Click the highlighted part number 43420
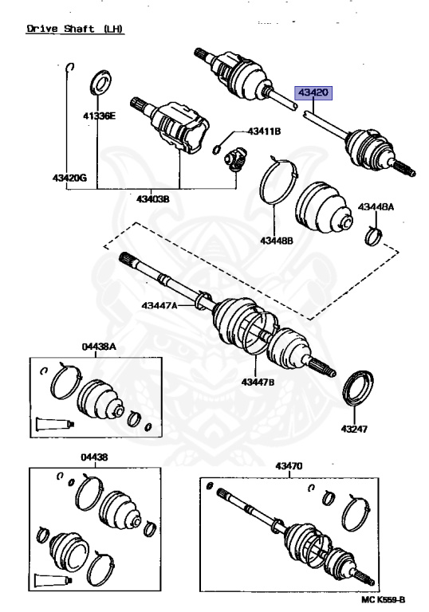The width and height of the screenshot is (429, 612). (x=313, y=93)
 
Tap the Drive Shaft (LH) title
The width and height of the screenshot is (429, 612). (x=75, y=29)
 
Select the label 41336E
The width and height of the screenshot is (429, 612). (x=99, y=116)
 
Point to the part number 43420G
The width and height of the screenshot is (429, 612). (x=69, y=178)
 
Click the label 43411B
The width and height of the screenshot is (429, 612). (x=264, y=131)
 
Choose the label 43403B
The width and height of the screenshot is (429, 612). (x=153, y=199)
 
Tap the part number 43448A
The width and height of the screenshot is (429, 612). (x=376, y=207)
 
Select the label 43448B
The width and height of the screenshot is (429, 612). (x=277, y=241)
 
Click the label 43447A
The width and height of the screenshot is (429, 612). (x=159, y=305)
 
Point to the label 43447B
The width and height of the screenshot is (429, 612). (x=258, y=382)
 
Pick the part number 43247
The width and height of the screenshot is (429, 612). (x=354, y=429)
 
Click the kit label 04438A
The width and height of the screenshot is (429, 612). (x=99, y=347)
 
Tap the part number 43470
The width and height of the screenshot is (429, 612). (x=289, y=465)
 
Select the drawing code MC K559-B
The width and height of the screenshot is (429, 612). (x=383, y=599)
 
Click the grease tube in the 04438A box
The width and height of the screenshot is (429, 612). (x=55, y=424)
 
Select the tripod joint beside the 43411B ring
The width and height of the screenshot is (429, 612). (x=235, y=160)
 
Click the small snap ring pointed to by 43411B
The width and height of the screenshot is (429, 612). (x=217, y=149)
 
